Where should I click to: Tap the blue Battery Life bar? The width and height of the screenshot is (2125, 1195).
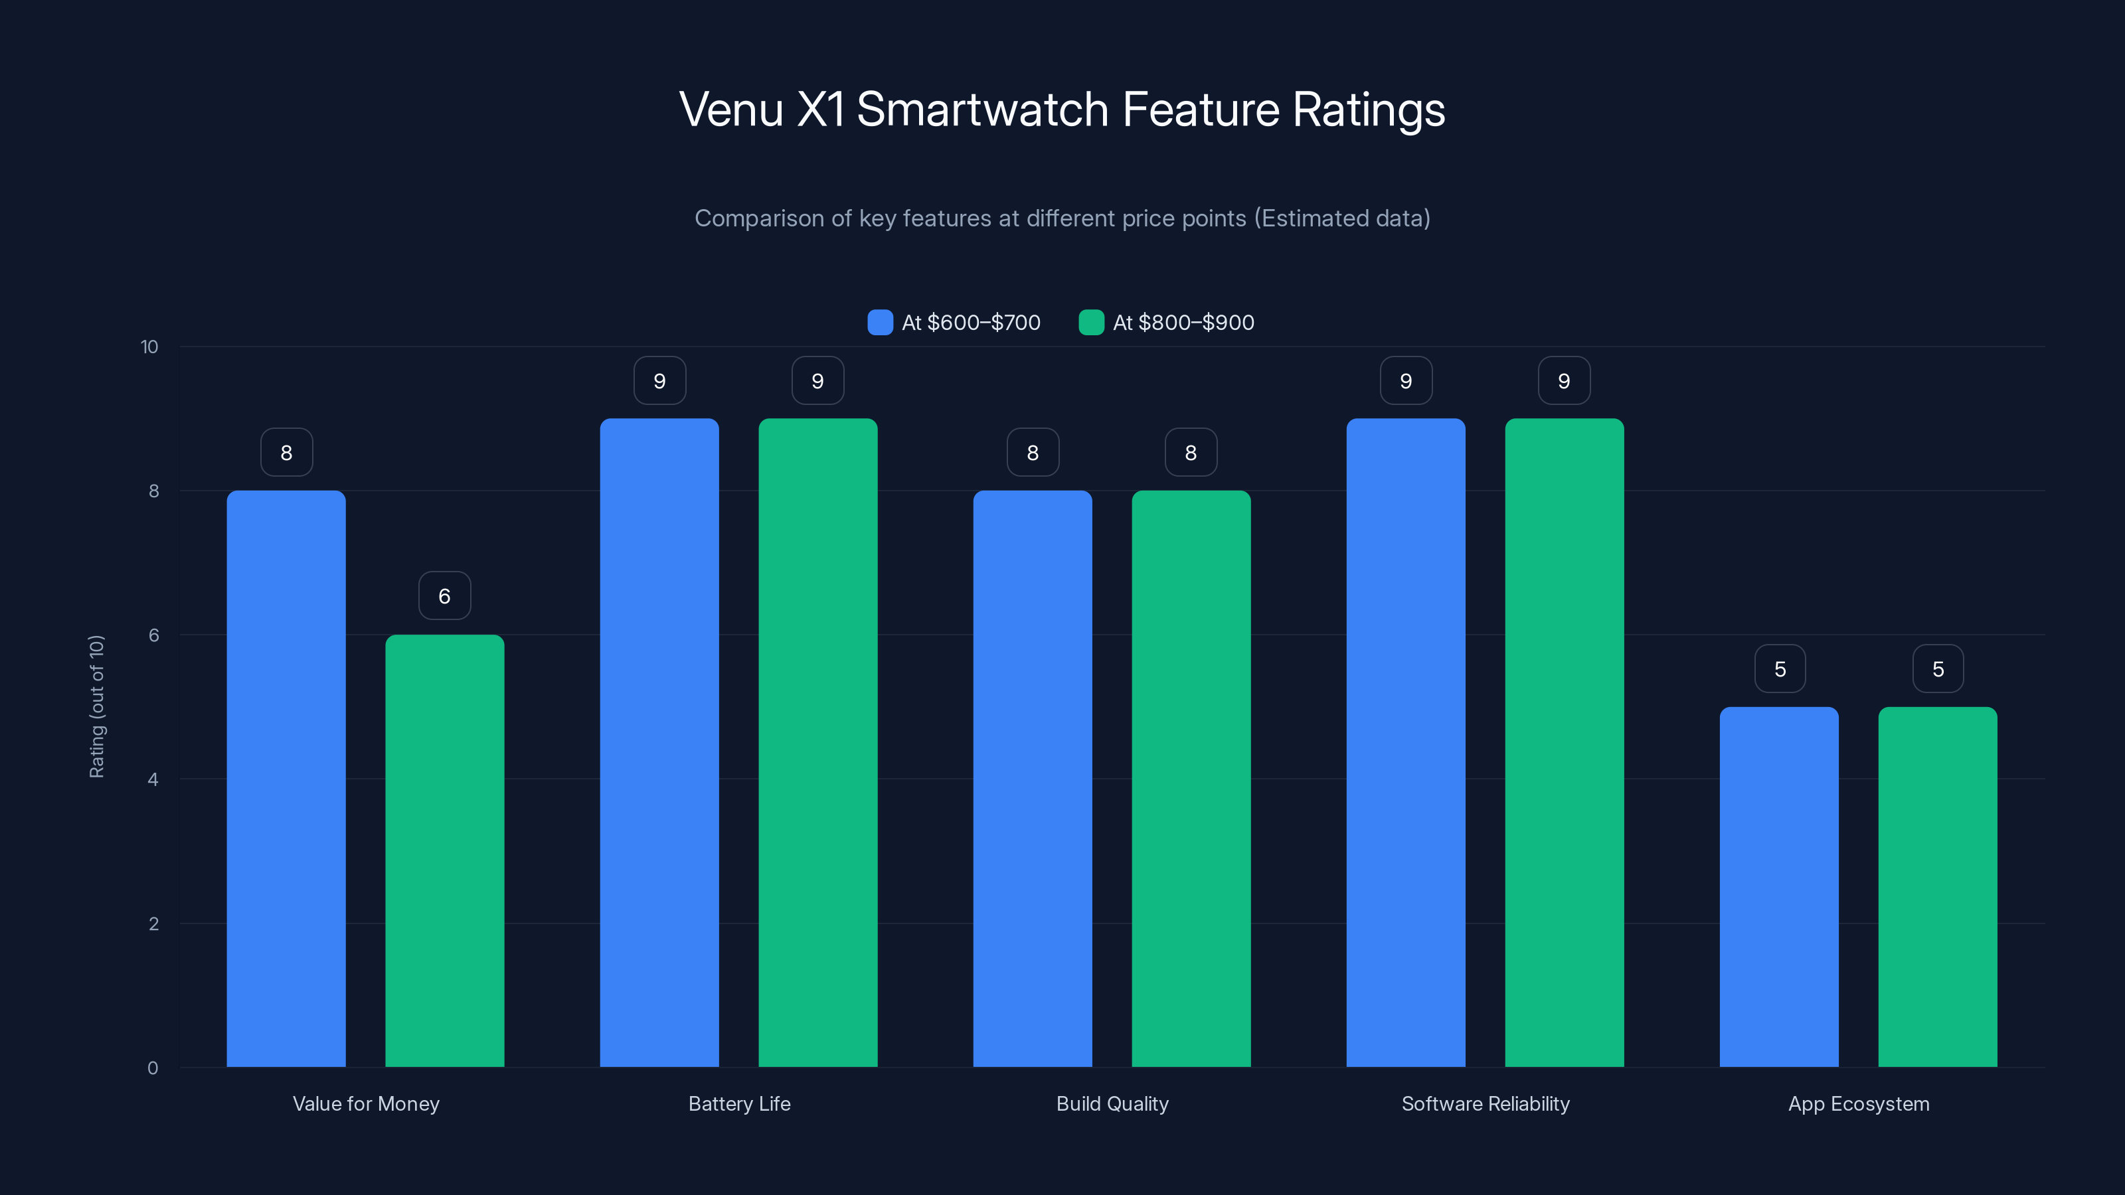click(659, 742)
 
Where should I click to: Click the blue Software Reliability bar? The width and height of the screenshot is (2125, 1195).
click(1406, 742)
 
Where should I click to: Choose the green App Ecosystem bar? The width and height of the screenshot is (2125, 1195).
click(1938, 886)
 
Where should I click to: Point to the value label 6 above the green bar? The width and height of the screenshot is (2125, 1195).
click(445, 596)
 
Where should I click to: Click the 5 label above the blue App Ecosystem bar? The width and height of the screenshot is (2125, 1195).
click(1780, 669)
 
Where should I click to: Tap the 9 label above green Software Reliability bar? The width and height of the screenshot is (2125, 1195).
click(1564, 381)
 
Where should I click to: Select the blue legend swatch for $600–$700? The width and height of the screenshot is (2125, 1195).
click(880, 323)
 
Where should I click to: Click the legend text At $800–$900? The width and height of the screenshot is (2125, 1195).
click(1183, 323)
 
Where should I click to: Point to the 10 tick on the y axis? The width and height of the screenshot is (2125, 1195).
click(149, 347)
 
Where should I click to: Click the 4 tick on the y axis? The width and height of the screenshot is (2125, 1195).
click(153, 779)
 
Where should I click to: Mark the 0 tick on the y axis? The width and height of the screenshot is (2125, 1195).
click(153, 1068)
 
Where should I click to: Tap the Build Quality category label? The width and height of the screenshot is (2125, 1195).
click(1112, 1103)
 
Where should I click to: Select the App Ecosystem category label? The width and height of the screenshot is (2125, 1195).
click(1859, 1103)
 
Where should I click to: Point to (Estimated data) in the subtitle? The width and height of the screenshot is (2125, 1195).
click(1342, 218)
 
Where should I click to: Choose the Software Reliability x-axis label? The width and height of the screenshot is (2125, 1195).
click(1485, 1103)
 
